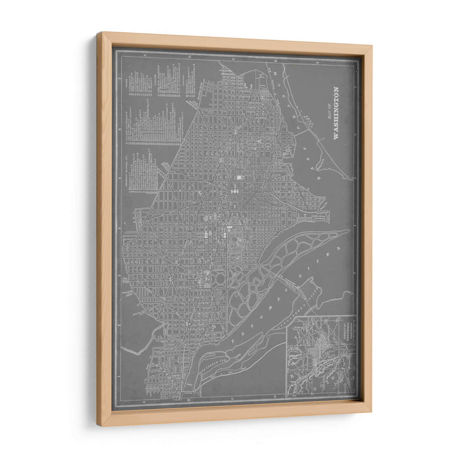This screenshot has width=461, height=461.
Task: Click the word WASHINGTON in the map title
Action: point(337,114)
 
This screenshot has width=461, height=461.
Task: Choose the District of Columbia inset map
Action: point(320,356)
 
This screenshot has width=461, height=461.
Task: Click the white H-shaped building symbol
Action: point(235,190)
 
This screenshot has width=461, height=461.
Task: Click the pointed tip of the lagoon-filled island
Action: point(346,232)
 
